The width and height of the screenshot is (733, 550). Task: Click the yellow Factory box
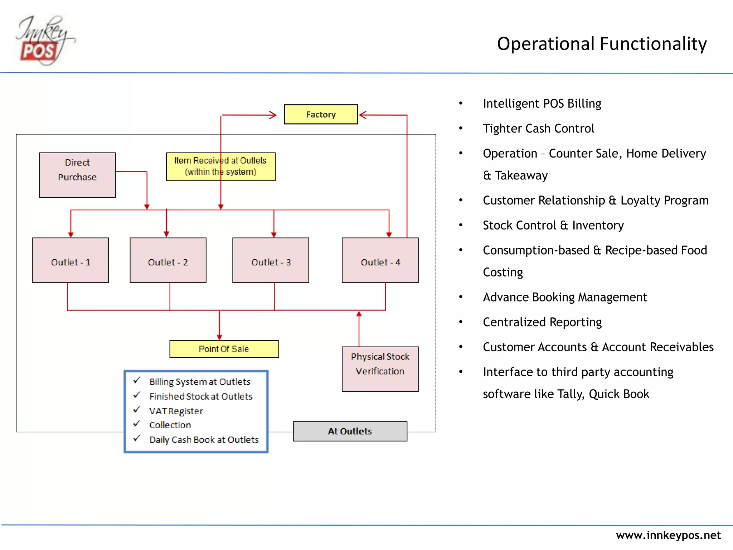tap(321, 115)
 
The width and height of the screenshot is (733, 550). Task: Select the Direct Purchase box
tap(77, 175)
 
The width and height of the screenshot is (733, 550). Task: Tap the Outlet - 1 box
tap(71, 260)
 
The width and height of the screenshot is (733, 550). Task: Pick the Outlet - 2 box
tap(168, 260)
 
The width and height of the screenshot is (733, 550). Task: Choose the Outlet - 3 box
tap(271, 260)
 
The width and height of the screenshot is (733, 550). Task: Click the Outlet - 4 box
tap(380, 260)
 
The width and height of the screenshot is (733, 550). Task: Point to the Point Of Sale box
tap(224, 349)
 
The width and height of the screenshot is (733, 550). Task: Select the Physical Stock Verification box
tap(380, 369)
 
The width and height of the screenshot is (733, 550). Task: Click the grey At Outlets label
tap(350, 431)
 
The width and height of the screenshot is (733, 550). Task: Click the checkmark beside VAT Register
tap(137, 410)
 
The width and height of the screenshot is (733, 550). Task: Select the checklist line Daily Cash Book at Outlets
tap(204, 440)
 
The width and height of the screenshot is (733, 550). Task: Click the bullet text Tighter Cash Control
tap(538, 129)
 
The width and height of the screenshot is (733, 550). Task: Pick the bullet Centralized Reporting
tap(542, 322)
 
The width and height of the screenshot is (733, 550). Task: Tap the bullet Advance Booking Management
tap(565, 297)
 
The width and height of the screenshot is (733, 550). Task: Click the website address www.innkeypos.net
tap(668, 535)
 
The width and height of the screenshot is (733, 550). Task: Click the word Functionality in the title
tap(653, 44)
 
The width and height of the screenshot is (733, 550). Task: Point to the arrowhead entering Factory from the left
tap(273, 115)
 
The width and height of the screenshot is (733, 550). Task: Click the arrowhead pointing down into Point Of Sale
tap(219, 337)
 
